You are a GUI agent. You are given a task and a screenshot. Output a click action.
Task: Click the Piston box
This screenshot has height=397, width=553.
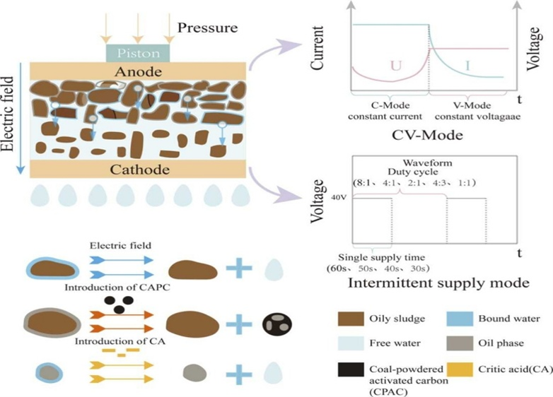click(x=138, y=52)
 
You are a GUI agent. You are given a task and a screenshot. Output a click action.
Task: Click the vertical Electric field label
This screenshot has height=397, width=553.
click(x=9, y=117)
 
